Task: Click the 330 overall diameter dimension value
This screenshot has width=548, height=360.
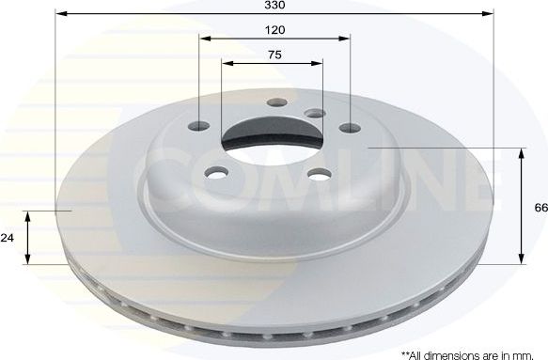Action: [x=274, y=6]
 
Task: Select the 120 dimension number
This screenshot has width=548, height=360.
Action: [x=274, y=30]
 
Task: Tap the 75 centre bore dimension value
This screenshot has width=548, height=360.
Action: [x=274, y=55]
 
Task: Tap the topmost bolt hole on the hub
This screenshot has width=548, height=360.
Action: [x=274, y=103]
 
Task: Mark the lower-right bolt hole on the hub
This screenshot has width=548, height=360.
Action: [x=316, y=173]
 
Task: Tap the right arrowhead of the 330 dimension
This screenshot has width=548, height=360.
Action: [x=490, y=13]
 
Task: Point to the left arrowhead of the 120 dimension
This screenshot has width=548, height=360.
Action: [x=204, y=39]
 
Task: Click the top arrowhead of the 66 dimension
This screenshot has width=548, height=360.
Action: [x=523, y=151]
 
